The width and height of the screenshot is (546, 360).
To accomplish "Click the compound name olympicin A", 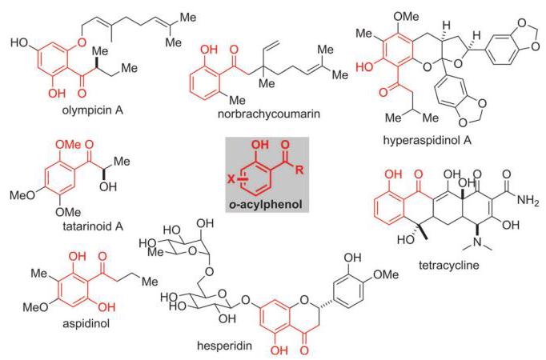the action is (93, 110).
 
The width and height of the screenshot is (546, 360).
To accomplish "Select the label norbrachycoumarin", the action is (268, 114).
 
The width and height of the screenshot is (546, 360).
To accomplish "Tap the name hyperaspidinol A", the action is (428, 140).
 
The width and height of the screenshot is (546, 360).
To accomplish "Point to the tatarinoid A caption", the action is (93, 226).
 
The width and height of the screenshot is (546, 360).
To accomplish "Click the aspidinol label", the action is (86, 323).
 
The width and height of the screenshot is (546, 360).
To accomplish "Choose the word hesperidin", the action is (224, 346).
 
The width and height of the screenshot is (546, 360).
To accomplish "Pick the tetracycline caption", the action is (449, 265).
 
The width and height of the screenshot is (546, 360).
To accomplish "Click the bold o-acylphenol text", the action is (266, 205).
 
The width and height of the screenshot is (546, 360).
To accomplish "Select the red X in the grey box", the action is (231, 179).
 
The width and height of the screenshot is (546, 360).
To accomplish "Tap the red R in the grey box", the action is (299, 170).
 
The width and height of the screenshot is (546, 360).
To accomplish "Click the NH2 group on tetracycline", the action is (528, 200).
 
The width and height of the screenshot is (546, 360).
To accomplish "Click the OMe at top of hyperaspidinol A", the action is (406, 17).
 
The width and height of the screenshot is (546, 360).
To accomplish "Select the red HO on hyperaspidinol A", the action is (364, 66).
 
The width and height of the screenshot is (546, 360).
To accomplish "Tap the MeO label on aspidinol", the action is (35, 307).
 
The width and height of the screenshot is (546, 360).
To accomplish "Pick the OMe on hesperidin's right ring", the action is (386, 274).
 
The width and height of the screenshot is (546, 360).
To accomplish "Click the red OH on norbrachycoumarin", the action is (209, 50).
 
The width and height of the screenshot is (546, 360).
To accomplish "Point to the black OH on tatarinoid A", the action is (107, 186).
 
